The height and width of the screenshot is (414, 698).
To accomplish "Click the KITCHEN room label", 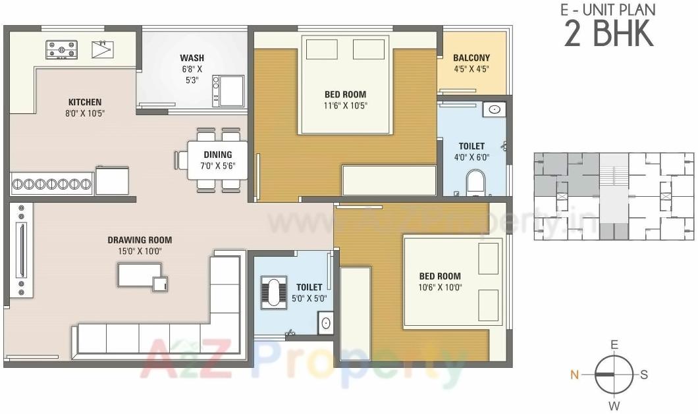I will click(85, 102).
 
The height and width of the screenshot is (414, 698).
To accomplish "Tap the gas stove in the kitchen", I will click(61, 50).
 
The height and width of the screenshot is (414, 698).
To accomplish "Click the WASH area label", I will click(192, 58).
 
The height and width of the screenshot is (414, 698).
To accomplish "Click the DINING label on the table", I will click(217, 155).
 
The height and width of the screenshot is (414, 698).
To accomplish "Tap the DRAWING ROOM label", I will click(140, 240).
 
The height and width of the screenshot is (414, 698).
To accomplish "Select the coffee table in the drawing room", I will click(140, 275).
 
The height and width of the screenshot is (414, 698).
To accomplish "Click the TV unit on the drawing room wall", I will click(22, 249).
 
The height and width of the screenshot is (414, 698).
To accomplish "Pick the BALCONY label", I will click(471, 58).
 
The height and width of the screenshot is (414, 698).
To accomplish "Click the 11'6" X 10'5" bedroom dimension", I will click(345, 105).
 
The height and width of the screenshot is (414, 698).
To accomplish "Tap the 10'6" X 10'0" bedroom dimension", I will click(440, 287).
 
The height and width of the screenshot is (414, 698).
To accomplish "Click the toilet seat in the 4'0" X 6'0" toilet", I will click(475, 182).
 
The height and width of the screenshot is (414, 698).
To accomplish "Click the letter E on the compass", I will click(614, 345).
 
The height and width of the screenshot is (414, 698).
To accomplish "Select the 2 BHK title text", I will click(609, 34).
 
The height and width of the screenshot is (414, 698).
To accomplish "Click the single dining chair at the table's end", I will click(181, 161).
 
